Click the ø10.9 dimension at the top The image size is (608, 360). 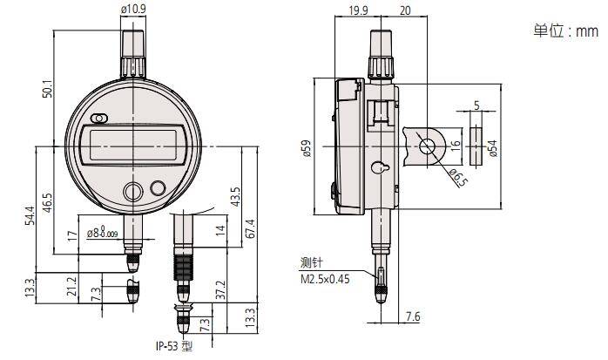[133, 9]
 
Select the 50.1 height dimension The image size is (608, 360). [48, 89]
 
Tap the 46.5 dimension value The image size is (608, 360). [47, 202]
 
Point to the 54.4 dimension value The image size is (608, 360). [30, 215]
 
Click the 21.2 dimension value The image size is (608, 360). [72, 286]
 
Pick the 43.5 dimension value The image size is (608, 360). [235, 197]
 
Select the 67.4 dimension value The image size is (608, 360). [251, 229]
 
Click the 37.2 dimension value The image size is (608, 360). [220, 289]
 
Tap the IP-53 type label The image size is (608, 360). [173, 346]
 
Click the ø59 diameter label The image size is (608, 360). [307, 148]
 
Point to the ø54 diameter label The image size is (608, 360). [493, 148]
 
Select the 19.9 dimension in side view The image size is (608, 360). [357, 10]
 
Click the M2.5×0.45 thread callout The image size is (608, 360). [325, 279]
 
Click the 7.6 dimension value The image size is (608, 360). [413, 316]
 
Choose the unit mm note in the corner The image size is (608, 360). [565, 31]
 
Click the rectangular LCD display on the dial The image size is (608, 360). [133, 146]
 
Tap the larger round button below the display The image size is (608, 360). [133, 192]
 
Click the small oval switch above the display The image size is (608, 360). [99, 119]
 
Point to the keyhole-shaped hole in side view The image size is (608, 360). [380, 167]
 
